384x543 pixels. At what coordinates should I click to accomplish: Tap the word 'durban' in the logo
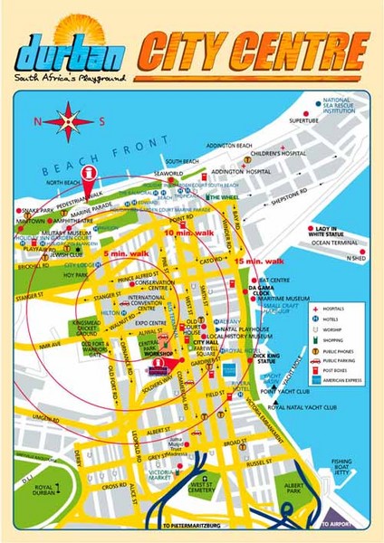70,55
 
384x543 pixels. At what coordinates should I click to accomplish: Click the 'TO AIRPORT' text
338,526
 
